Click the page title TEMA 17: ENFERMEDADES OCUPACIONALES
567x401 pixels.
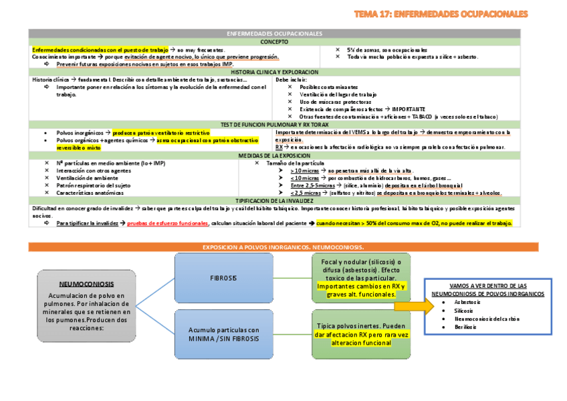[x=441, y=13]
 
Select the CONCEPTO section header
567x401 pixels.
[x=274, y=42]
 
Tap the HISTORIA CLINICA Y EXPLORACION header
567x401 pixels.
[x=274, y=72]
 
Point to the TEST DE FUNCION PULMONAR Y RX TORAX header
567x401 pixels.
[x=274, y=125]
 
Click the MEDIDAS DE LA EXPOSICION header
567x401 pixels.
[x=274, y=155]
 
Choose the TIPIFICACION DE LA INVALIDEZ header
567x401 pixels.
[x=274, y=200]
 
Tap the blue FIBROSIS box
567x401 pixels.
[x=223, y=278]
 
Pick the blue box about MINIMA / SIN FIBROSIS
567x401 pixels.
[x=223, y=334]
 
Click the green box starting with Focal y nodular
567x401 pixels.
[x=361, y=278]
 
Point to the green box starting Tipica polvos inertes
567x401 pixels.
[x=361, y=334]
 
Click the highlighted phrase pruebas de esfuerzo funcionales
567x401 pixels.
[x=168, y=223]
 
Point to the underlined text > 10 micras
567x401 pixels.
[x=304, y=171]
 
